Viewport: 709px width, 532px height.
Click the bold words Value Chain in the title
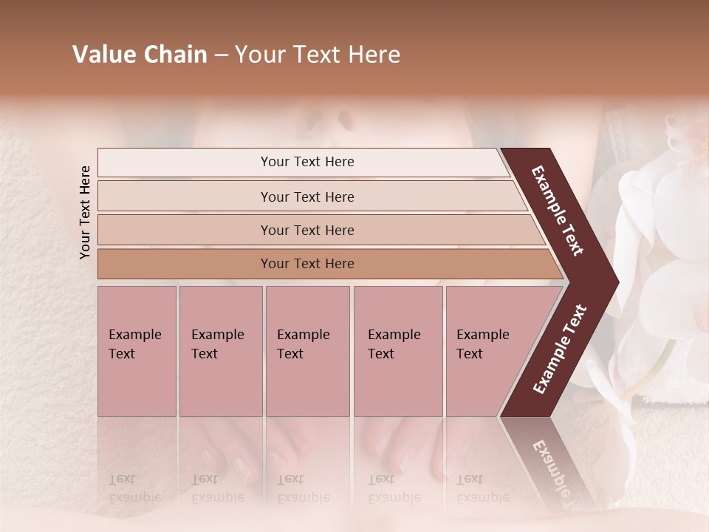coord(140,55)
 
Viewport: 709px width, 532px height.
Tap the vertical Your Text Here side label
coord(85,212)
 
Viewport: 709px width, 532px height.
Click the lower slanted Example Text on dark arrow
coord(560,349)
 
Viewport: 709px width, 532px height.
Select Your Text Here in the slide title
coord(318,55)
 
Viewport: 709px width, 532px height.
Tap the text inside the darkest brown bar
coord(307,264)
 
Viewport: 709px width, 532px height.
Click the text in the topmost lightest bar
coord(307,162)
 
